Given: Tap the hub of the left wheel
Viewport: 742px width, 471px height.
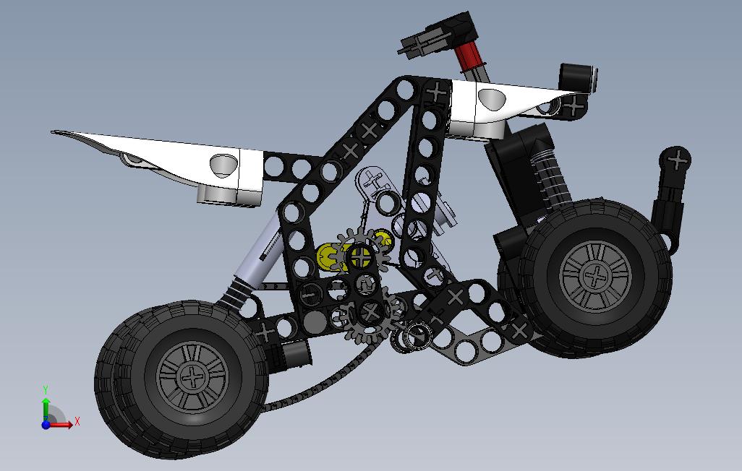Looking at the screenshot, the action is (192, 377).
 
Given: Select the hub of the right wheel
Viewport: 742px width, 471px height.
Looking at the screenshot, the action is (596, 276).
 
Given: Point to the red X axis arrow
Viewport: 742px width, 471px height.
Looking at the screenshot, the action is (61, 425).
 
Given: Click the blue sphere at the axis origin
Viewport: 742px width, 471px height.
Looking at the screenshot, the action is (46, 425).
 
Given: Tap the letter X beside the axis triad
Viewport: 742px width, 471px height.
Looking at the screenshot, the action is (77, 420).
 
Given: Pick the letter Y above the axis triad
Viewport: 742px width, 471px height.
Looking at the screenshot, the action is (46, 390).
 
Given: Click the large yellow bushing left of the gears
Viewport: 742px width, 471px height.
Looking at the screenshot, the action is (329, 257).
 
